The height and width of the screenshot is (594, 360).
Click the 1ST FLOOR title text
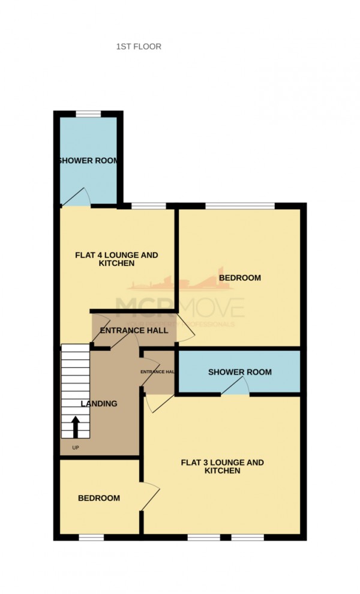tap(139, 46)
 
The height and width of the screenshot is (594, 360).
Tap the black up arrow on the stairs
tap(76, 428)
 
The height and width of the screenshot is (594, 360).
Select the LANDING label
tap(100, 404)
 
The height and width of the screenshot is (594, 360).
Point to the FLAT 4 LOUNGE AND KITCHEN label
tap(116, 259)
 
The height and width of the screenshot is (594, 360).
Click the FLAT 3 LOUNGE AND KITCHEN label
tap(222, 466)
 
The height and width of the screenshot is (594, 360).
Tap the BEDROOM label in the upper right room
tap(240, 278)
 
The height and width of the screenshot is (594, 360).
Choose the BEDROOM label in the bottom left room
tap(99, 498)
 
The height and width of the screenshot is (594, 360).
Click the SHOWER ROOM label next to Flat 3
tap(239, 372)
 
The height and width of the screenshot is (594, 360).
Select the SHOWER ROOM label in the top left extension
tap(88, 161)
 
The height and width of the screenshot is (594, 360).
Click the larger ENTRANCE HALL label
tap(134, 330)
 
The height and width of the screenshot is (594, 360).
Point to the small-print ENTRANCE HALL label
tap(158, 372)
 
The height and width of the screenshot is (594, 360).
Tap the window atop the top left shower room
tap(88, 114)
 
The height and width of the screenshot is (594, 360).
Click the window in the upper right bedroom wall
tap(240, 206)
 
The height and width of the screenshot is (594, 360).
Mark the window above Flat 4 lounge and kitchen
tap(148, 206)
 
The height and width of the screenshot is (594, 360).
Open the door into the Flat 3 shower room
tap(235, 389)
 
